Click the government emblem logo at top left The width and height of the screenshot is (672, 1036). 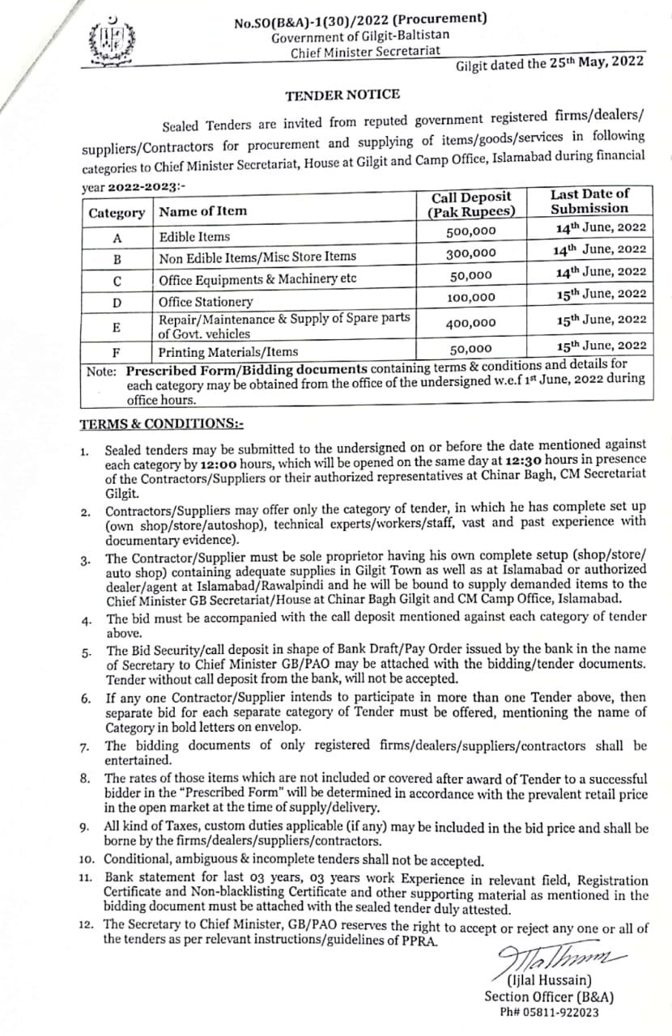coord(112,40)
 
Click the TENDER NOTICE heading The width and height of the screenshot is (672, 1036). coord(342,95)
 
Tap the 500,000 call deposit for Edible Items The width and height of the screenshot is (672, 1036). coord(471,231)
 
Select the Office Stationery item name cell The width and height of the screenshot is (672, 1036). coord(206,302)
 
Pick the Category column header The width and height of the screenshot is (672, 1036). coord(117,213)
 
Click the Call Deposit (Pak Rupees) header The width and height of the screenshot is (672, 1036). coord(471,205)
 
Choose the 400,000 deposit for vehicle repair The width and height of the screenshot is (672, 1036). coord(471,322)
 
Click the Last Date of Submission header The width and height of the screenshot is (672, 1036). coord(589,201)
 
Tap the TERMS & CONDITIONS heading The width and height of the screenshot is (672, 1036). coord(162,424)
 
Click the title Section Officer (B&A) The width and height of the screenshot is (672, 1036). coord(549,997)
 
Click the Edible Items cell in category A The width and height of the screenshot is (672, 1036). coord(194,237)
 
